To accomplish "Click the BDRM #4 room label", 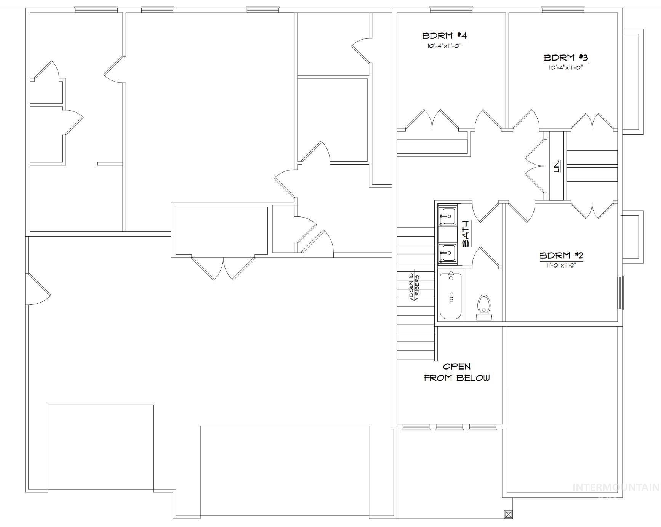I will [444, 36].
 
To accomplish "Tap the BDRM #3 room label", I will [566, 58].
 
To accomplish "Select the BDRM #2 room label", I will [561, 255].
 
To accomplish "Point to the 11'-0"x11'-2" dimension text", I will [561, 265].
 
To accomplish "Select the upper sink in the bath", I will [447, 217].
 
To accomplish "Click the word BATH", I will [466, 234].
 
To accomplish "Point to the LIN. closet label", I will [556, 167].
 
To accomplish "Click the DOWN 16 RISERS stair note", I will [414, 288].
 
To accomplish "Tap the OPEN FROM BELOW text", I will [457, 372].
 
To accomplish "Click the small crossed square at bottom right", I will [508, 514].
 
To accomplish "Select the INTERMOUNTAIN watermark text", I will [616, 487].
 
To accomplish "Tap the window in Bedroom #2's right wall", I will [621, 293].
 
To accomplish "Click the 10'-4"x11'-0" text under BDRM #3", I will [566, 67].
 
